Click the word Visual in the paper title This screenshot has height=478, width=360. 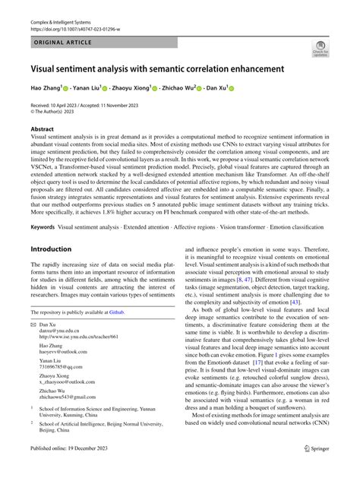coord(48,68)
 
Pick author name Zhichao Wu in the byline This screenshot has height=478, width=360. coord(179,88)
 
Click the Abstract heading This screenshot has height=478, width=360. coord(43,130)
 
